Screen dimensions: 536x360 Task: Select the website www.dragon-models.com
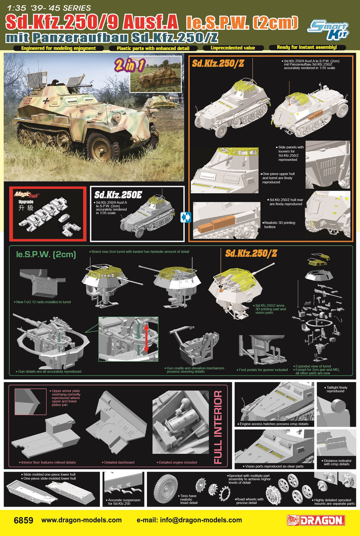[81, 520]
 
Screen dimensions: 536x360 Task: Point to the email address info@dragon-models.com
[189, 520]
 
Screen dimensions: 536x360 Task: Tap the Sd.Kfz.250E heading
[118, 195]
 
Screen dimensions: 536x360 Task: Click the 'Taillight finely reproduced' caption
[335, 389]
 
